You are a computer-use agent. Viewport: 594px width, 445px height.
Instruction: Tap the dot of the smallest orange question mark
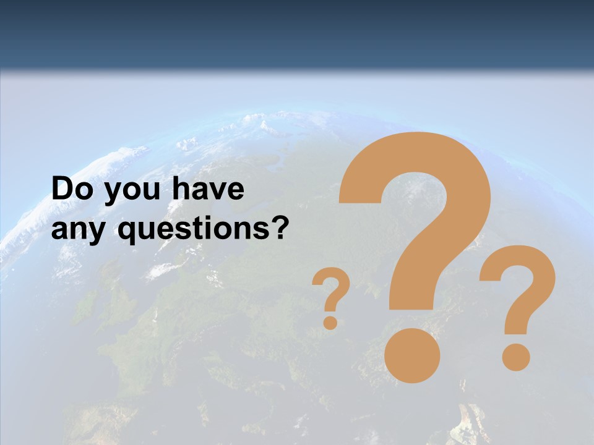(331, 322)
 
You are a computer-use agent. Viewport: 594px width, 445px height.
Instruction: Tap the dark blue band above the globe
(297, 31)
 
